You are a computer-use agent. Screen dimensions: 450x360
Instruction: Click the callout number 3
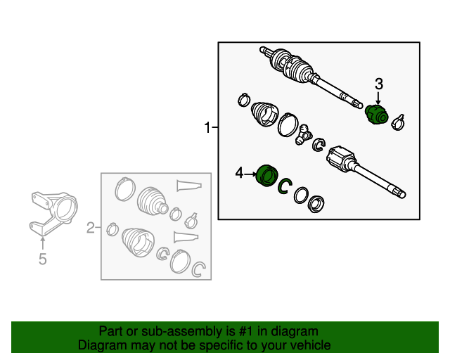point(379,84)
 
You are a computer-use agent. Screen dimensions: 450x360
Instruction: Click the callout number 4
point(239,173)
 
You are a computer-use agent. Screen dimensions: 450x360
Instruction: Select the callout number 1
point(207,127)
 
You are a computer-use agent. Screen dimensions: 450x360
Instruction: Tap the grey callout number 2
point(91,228)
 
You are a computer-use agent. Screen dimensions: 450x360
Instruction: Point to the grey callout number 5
point(42,259)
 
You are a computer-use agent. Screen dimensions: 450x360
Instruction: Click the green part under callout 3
point(377,115)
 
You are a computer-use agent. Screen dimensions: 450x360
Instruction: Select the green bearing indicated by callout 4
point(266,175)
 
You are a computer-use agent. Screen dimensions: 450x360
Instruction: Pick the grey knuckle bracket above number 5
point(53,213)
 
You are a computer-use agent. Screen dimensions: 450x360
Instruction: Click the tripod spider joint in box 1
point(304,134)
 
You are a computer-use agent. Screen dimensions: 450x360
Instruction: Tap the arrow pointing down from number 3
point(378,98)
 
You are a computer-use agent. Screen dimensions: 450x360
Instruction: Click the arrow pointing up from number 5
point(42,243)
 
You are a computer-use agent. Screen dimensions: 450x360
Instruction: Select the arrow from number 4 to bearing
point(250,174)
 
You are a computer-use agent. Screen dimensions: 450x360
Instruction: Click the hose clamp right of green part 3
point(399,122)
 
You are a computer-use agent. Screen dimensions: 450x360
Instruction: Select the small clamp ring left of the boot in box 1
point(244,100)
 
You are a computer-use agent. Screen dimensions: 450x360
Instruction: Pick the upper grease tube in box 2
point(189,186)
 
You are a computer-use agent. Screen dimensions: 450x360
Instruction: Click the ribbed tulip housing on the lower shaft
point(341,159)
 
